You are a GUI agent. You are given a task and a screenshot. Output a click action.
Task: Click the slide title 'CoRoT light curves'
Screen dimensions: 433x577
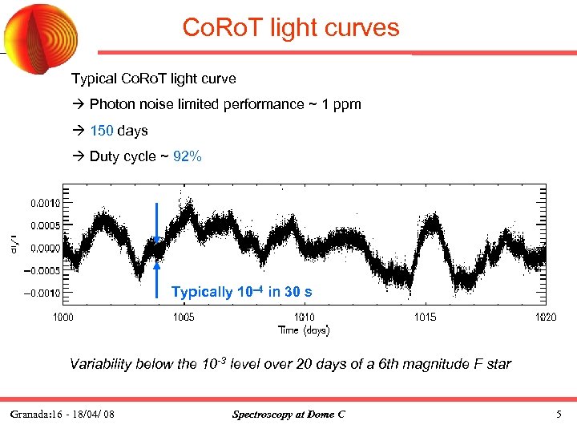290,28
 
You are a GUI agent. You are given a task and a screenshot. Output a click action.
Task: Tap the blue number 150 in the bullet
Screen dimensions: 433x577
102,130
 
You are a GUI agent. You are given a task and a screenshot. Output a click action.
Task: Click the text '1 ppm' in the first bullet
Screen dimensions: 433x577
342,104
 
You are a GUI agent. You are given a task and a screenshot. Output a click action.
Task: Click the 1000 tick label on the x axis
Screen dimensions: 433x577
63,317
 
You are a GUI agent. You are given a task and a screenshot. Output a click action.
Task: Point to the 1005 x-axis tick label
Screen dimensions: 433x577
184,317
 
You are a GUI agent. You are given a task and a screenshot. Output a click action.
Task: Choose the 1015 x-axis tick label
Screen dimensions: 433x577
425,317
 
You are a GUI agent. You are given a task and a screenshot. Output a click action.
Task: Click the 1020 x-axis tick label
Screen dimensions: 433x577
545,317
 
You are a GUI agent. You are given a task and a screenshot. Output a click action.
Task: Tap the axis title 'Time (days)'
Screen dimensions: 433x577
304,330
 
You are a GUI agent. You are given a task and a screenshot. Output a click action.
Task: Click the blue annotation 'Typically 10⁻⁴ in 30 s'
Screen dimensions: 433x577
241,292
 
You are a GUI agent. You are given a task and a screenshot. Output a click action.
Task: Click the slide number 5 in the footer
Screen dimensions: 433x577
559,415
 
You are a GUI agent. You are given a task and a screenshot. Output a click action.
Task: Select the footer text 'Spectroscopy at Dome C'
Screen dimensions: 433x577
288,415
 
